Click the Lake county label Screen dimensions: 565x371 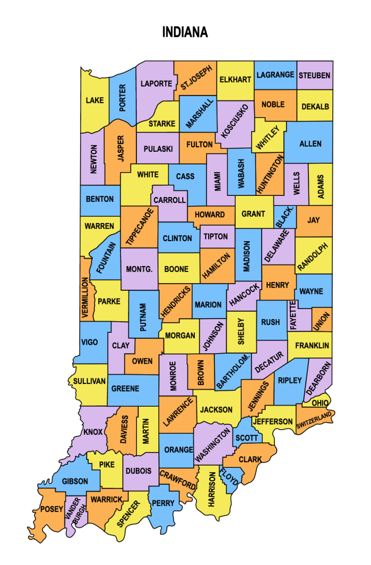(x=94, y=100)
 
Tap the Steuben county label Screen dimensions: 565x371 (x=315, y=75)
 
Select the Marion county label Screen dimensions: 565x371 (x=208, y=305)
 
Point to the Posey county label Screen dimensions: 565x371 (x=52, y=509)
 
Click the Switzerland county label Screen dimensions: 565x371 (x=314, y=420)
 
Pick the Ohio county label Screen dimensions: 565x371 (x=320, y=403)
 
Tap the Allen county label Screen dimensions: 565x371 (x=310, y=144)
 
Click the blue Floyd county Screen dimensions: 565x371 (x=232, y=477)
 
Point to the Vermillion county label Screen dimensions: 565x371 (x=85, y=297)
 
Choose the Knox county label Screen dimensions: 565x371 (x=93, y=431)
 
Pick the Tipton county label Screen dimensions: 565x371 (x=215, y=237)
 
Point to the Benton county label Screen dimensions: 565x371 (x=100, y=199)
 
